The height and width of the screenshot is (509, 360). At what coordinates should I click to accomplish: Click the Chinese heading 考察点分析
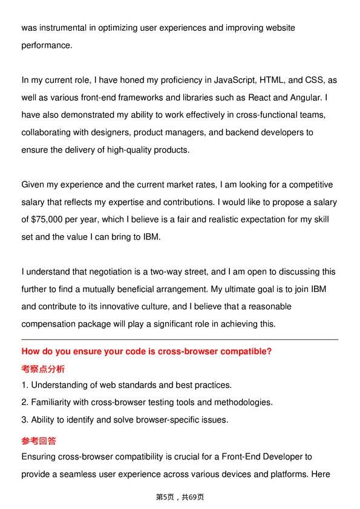pyautogui.click(x=43, y=369)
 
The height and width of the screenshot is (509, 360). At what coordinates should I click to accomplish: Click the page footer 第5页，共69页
pyautogui.click(x=180, y=497)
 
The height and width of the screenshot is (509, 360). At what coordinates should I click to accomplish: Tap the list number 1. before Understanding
pyautogui.click(x=25, y=385)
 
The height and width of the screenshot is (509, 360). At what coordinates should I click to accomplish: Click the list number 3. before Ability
pyautogui.click(x=25, y=420)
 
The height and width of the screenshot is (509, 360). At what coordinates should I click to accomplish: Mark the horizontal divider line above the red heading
pyautogui.click(x=180, y=340)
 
